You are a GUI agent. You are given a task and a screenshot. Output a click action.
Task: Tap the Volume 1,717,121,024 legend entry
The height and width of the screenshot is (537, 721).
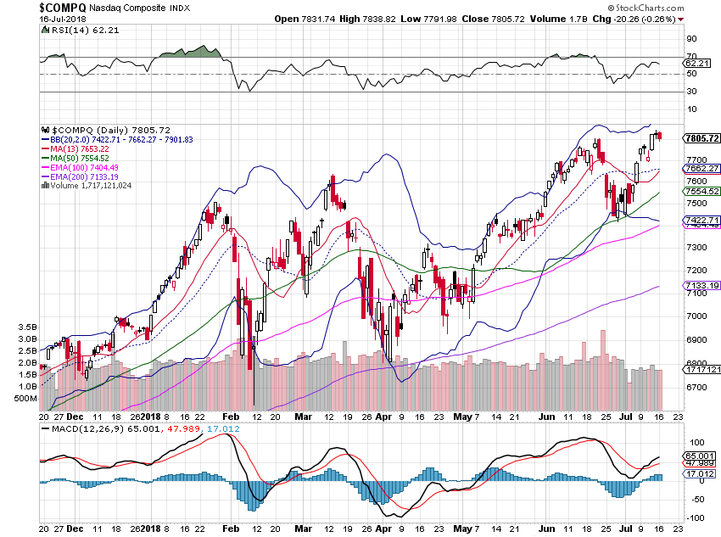point(88,184)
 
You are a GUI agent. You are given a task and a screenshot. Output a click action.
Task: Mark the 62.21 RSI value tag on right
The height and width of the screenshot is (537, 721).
point(696,63)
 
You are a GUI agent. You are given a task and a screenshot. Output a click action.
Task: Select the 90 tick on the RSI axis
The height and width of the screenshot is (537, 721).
point(691,39)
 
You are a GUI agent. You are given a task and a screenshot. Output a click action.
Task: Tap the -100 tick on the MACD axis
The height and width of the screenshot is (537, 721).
point(696,518)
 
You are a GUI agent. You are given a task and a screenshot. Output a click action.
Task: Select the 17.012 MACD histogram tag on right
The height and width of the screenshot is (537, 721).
point(698,476)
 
